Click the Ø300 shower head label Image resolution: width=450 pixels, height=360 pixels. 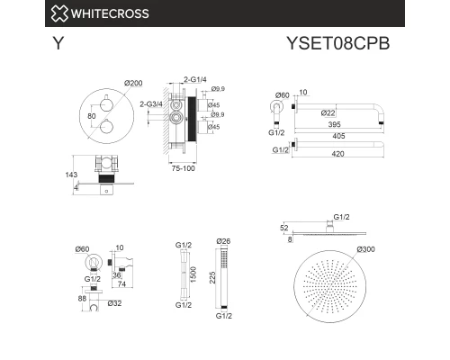[366, 249]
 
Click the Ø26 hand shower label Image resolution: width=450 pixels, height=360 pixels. [224, 240]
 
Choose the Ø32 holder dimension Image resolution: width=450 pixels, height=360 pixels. [114, 303]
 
